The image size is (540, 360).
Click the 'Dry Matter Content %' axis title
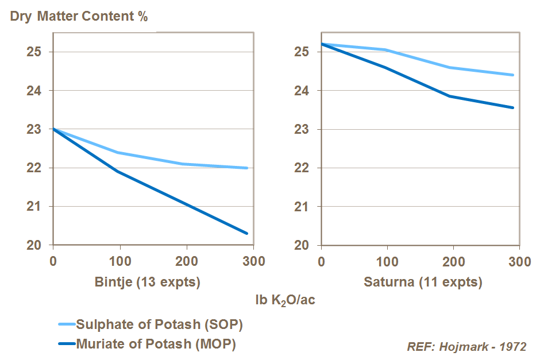(79, 16)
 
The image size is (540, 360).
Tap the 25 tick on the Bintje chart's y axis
(37, 52)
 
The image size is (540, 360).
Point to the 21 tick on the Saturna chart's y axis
(303, 206)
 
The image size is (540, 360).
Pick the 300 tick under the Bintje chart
(252, 262)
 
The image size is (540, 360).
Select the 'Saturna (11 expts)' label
(423, 282)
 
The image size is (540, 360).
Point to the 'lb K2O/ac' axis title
(285, 300)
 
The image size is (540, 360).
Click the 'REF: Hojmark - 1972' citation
(466, 347)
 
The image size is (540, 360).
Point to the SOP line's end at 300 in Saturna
(513, 75)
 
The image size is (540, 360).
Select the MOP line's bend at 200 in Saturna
(450, 96)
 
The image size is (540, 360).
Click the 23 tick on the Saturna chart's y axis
(303, 129)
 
